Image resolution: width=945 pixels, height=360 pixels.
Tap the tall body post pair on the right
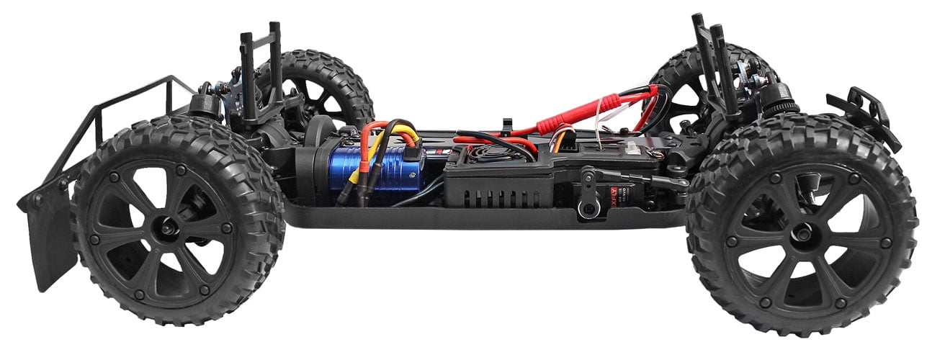(x=713, y=65)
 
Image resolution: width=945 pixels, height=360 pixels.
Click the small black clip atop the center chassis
(x=507, y=127)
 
